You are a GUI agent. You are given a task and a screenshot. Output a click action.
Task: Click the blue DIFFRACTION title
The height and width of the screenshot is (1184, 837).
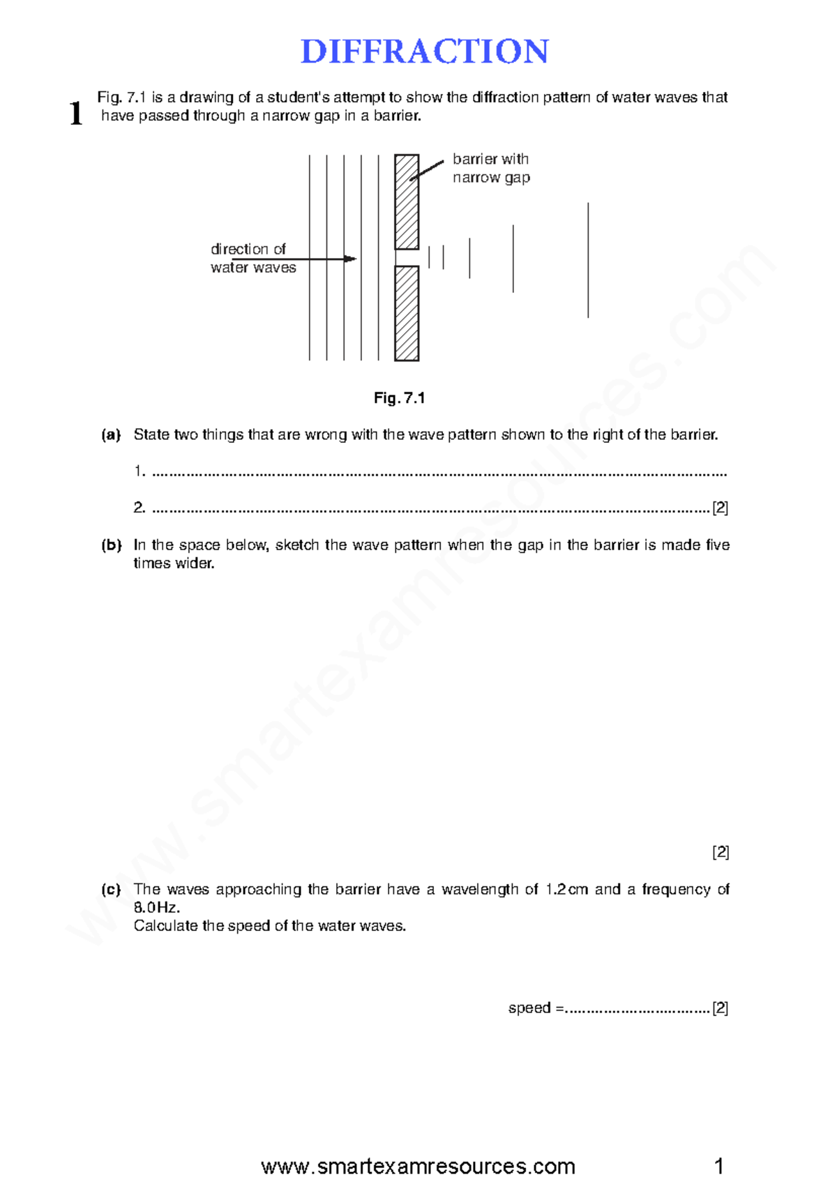pos(424,52)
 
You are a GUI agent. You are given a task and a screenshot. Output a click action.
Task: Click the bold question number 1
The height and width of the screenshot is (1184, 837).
pos(76,113)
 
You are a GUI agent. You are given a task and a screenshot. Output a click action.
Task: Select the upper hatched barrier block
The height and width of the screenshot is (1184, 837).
pos(407,202)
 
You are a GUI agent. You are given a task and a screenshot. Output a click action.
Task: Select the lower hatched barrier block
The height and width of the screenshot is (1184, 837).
pos(407,313)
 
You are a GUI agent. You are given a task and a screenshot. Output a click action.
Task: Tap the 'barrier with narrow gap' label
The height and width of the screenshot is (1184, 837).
pos(491,168)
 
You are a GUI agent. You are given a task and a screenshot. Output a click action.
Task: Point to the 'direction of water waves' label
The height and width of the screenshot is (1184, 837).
pos(252,258)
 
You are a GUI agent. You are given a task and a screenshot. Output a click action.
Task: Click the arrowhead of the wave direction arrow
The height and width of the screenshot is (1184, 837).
pos(350,259)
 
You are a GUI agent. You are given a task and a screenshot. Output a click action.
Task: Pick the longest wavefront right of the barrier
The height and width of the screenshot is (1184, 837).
pos(588,260)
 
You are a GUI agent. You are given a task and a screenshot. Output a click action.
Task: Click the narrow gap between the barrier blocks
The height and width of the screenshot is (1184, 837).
pos(407,257)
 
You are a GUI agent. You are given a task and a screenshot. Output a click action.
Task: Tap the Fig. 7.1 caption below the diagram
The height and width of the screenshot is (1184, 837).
pos(399,398)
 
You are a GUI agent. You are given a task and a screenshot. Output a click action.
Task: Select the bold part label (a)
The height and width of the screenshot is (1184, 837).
pos(111,434)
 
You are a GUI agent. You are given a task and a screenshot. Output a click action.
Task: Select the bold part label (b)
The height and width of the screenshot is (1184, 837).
pos(111,545)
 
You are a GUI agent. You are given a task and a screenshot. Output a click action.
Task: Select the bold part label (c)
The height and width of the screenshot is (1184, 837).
pos(111,889)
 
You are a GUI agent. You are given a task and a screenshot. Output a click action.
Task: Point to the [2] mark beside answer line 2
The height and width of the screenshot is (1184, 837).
pos(720,508)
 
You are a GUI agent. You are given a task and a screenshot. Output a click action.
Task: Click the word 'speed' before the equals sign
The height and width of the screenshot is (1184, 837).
pos(529,1008)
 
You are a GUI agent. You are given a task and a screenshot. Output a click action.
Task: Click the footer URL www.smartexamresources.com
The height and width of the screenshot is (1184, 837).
pos(418,1166)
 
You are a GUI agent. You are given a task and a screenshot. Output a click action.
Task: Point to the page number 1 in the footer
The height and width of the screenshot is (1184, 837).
pos(719,1166)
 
